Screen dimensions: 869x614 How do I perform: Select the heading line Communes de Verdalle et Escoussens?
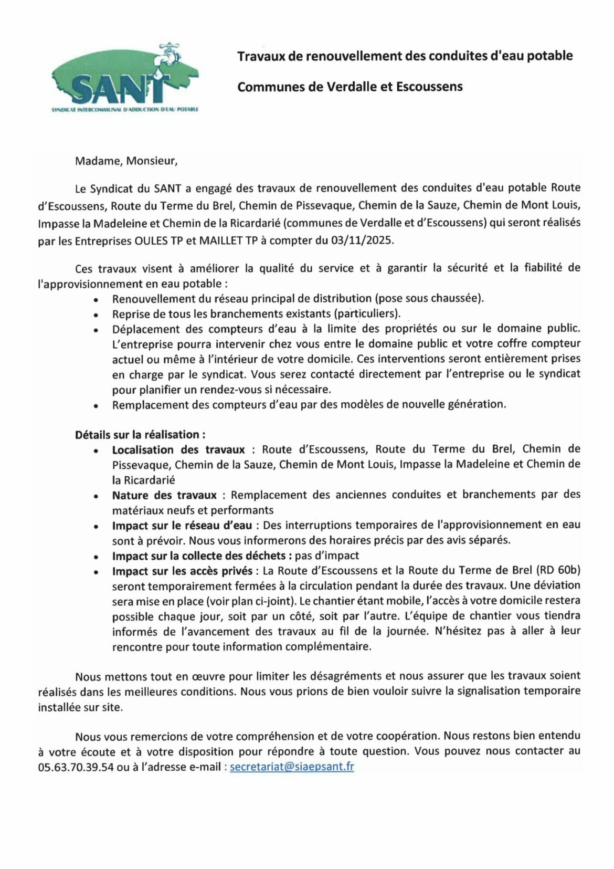[350, 87]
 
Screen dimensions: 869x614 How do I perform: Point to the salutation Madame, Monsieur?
[126, 161]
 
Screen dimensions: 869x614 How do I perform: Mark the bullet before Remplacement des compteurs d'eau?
[96, 406]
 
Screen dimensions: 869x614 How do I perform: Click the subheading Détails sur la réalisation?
[140, 435]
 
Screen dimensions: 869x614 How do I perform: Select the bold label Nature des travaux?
[164, 495]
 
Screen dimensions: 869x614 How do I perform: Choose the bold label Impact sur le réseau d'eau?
[182, 525]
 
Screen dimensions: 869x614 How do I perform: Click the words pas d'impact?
[327, 556]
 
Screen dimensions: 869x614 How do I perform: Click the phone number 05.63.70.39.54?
[76, 767]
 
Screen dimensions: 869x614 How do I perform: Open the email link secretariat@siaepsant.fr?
[292, 767]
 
